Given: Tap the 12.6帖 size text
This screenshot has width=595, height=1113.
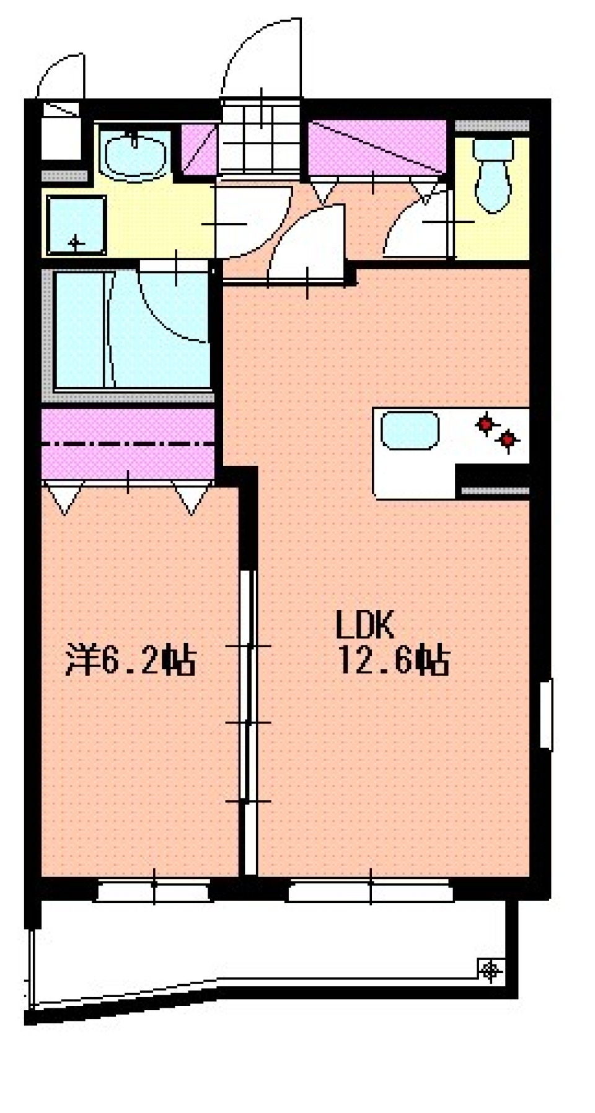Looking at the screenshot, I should click(393, 660).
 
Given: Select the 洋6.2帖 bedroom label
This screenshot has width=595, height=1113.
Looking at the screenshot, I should click(131, 660).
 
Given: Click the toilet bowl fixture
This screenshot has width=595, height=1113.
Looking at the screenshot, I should click(493, 175).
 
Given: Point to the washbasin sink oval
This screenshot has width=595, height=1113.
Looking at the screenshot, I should click(134, 155).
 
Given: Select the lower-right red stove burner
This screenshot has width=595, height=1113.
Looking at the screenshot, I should click(508, 440).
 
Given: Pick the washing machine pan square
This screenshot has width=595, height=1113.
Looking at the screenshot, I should click(76, 225).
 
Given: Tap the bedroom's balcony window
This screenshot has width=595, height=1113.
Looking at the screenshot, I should click(153, 890).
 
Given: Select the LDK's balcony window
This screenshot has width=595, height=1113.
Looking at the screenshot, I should click(370, 890).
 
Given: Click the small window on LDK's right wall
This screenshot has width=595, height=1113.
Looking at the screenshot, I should click(545, 714).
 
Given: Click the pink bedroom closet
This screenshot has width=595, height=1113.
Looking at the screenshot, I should click(128, 443).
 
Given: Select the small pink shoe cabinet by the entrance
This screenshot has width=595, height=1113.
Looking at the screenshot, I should click(199, 151).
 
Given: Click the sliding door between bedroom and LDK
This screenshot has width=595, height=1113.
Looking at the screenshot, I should click(248, 722).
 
